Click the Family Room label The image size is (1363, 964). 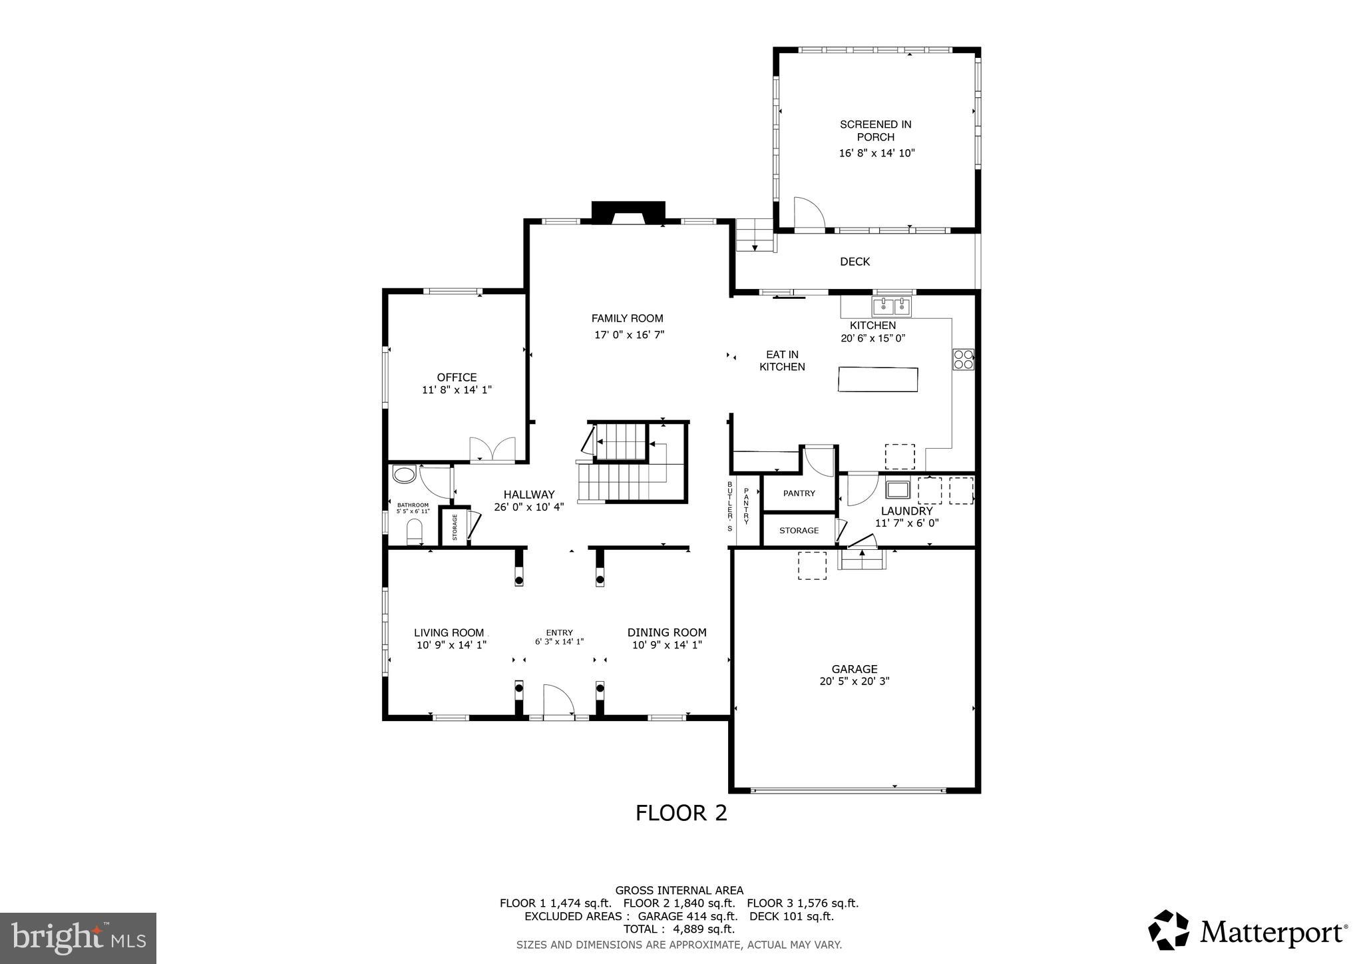click(627, 318)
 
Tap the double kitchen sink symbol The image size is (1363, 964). click(892, 306)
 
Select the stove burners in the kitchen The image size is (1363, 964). click(963, 360)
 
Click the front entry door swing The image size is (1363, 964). click(558, 702)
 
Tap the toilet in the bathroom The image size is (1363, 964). click(414, 531)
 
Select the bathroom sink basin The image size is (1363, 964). click(404, 475)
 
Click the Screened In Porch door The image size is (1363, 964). click(809, 213)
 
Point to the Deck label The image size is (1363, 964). click(855, 262)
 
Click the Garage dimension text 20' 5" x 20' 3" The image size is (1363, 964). click(855, 681)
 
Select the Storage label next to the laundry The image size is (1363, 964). click(799, 531)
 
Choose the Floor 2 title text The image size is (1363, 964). click(681, 813)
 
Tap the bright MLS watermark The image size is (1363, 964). click(79, 938)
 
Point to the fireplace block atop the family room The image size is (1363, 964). click(628, 211)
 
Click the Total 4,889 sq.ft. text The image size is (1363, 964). click(679, 929)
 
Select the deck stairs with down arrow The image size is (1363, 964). click(755, 236)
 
